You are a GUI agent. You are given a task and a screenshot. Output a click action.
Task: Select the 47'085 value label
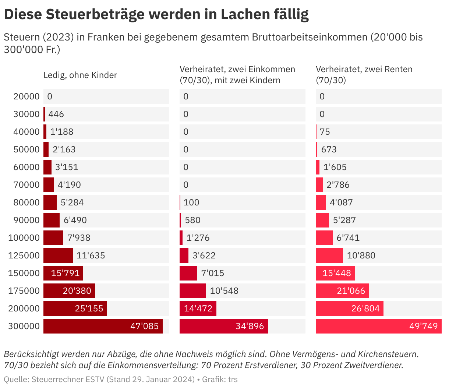[145, 326]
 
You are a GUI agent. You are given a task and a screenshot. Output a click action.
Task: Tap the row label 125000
[24, 255]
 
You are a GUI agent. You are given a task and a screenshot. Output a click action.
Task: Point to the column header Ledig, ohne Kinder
[80, 75]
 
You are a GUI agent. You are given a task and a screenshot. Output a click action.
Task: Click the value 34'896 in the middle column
[250, 326]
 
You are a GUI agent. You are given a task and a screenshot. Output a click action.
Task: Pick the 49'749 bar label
[424, 326]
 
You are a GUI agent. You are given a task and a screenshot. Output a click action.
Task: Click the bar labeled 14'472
[198, 308]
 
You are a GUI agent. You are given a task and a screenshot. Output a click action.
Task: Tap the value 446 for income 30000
[56, 114]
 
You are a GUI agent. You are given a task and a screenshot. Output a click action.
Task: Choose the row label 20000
[26, 96]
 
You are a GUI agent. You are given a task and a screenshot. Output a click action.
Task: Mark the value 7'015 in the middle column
[213, 273]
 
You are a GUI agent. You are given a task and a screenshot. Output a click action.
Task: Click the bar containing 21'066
[342, 291]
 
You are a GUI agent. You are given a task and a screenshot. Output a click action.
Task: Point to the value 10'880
[361, 255]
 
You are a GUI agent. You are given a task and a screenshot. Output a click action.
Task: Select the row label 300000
[24, 326]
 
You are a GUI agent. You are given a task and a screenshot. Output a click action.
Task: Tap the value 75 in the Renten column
[325, 132]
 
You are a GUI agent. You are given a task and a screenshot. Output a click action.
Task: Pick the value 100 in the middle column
[191, 202]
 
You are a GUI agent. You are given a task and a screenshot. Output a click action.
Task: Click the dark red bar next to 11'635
[58, 255]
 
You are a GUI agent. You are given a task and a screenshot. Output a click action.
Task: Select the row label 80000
[26, 202]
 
